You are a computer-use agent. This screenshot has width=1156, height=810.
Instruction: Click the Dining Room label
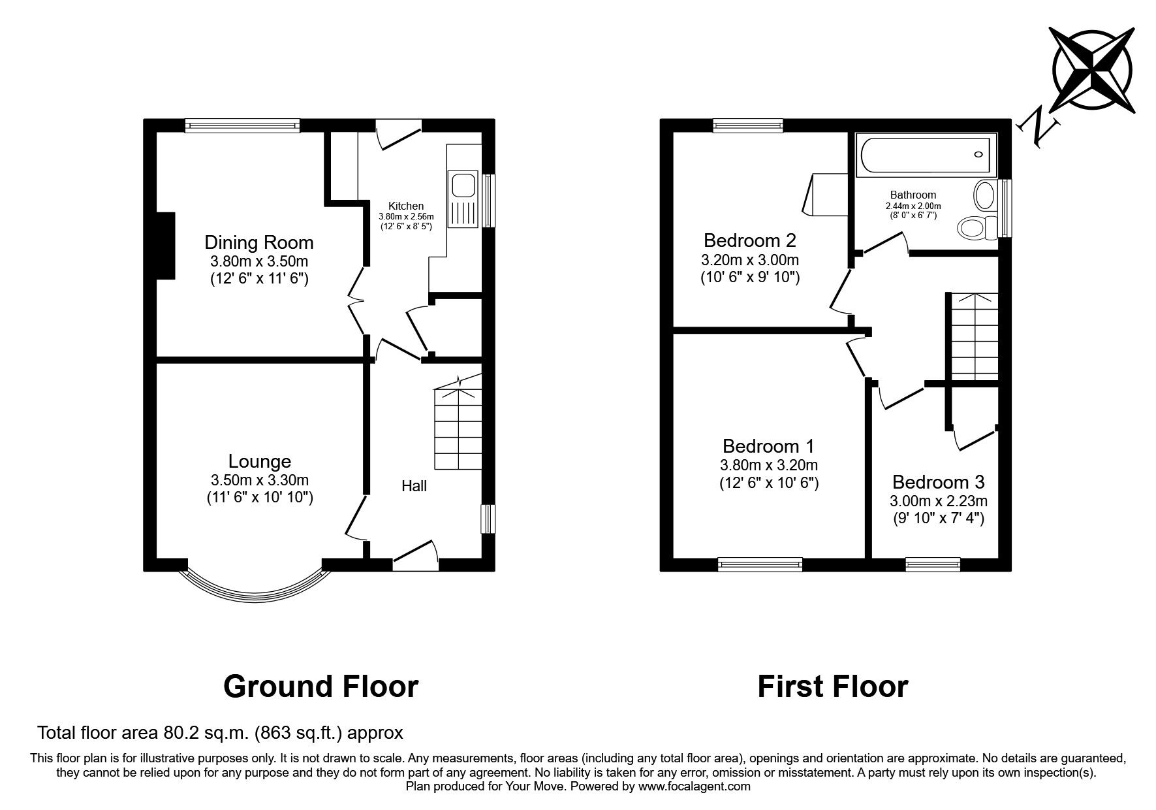(259, 242)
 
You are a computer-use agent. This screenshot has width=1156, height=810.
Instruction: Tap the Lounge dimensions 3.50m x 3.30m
(259, 480)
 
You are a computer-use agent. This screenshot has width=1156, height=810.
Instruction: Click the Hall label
(414, 486)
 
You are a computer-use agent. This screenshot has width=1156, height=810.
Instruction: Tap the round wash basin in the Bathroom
(983, 194)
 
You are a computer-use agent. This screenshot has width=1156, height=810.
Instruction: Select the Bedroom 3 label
(938, 482)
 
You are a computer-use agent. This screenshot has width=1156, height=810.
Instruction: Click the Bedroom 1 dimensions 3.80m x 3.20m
(768, 465)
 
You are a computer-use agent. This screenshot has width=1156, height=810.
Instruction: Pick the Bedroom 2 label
(749, 240)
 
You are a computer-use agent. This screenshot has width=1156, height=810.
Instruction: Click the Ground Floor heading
(320, 687)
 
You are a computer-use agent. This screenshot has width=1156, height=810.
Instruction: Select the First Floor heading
(832, 687)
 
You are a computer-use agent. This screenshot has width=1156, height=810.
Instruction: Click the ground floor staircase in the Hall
(458, 429)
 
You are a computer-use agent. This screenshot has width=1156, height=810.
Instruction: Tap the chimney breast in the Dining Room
(165, 246)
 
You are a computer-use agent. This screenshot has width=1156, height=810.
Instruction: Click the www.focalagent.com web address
(694, 786)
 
